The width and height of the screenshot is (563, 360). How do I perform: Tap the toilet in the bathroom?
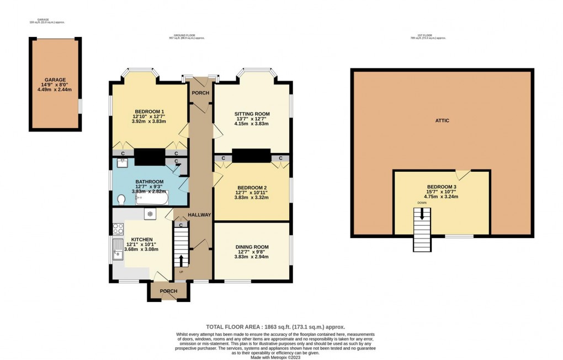coord(122,199)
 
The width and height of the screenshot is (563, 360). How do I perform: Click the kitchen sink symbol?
coord(118,249)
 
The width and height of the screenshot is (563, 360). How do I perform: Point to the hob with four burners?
coord(118,227)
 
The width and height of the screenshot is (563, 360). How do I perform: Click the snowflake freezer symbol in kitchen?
coord(149,214)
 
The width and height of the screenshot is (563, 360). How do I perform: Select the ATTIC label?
coord(442,120)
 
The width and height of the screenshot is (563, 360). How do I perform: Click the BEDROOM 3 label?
coord(442,187)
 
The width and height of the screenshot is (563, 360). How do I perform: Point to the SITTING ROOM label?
coord(251,113)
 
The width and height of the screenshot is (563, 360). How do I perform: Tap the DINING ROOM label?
coord(252,247)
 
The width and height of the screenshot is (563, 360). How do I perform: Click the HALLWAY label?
coord(199,215)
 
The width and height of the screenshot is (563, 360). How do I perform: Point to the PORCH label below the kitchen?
coord(168,291)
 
